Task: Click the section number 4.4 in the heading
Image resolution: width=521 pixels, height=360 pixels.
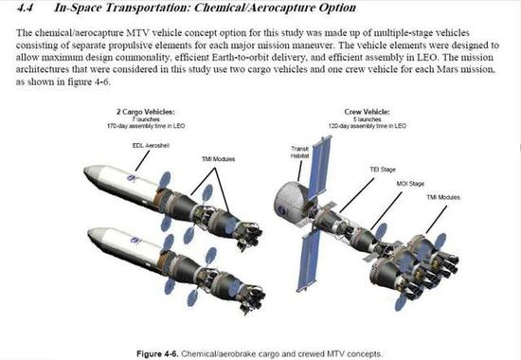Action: [x=25, y=8]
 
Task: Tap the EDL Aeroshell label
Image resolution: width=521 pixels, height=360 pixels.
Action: [x=151, y=146]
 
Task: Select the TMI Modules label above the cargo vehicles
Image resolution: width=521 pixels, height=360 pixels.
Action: [x=218, y=159]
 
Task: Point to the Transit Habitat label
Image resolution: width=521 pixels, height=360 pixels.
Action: [x=300, y=153]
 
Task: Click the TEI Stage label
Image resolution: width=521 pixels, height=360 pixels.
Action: [x=383, y=170]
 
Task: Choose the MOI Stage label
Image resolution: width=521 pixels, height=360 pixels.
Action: [x=410, y=184]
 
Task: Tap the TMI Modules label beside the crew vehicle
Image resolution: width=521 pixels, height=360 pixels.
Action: [x=443, y=197]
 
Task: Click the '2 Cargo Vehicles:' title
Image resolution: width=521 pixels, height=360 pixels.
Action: [x=146, y=112]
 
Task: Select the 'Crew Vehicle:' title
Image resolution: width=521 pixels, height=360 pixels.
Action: [x=368, y=112]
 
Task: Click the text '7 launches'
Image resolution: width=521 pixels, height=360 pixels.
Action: [x=146, y=119]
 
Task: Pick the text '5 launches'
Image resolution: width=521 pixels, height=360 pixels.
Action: [x=368, y=119]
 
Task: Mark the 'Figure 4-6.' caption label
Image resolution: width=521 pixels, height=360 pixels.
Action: [x=157, y=354]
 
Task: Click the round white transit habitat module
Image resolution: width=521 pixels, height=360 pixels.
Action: [x=292, y=203]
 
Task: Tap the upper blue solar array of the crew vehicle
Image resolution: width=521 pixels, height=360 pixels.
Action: [x=319, y=168]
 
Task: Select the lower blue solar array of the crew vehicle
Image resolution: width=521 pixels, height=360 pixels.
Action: [x=309, y=261]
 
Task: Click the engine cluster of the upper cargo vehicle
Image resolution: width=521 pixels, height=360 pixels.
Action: [x=249, y=235]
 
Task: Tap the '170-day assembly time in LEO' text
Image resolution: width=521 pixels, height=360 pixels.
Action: [x=146, y=126]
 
